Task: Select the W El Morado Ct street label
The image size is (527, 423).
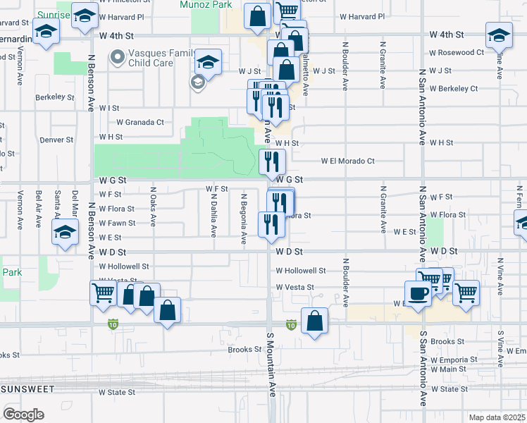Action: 347,161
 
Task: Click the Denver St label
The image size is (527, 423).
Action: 56,140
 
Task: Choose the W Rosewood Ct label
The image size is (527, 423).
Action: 457,53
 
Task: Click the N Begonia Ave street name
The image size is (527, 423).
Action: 244,219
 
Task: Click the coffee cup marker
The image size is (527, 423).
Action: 417,293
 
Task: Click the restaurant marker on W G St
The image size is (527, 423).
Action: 271,161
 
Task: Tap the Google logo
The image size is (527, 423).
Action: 24,414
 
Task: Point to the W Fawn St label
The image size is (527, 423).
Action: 117,223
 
